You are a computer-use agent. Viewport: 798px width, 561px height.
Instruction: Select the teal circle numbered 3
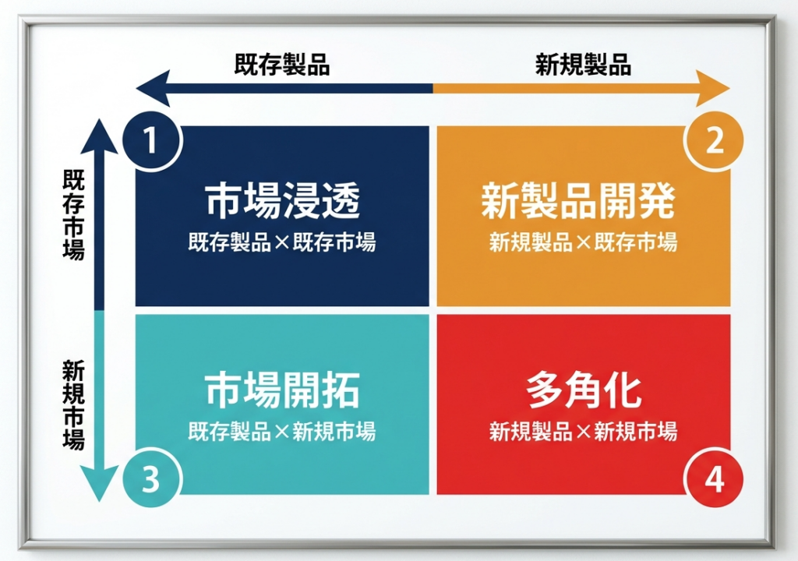(151, 478)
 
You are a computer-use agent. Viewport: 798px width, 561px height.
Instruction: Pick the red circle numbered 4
(714, 478)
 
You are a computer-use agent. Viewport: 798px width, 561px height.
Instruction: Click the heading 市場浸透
(282, 200)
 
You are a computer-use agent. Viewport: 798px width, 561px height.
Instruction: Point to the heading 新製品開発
(579, 200)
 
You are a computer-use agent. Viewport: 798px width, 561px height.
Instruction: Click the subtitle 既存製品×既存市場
(282, 242)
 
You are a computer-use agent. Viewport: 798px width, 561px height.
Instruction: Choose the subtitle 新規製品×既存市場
(583, 242)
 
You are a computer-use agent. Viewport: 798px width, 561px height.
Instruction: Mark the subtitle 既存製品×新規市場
(282, 431)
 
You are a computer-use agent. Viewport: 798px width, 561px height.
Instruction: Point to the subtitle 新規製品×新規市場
(583, 431)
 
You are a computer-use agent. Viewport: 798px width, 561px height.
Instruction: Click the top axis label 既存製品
(282, 65)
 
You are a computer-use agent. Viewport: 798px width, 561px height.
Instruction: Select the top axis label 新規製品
(583, 65)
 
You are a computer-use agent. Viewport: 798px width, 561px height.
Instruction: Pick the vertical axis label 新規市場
(74, 404)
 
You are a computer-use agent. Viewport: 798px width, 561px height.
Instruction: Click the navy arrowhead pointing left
(154, 89)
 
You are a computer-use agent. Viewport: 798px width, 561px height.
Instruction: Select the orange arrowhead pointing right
(712, 89)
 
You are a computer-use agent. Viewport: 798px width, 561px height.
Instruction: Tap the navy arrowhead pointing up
(99, 136)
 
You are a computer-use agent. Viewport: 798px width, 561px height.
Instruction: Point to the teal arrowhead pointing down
(99, 484)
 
